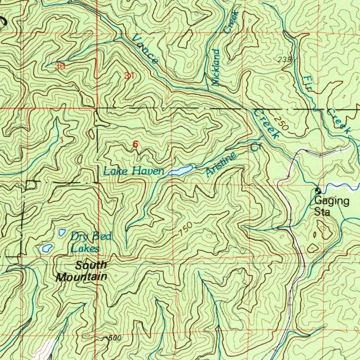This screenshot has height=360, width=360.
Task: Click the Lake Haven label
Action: pos(134,172)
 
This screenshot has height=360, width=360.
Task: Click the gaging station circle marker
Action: pos(318,191)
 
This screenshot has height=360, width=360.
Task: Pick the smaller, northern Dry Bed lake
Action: pos(62,232)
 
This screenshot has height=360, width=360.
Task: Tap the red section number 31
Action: pos(129,75)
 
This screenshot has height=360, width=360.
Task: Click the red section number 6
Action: pos(135,144)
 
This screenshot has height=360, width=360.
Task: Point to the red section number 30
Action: pos(60,66)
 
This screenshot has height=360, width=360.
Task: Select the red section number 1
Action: pos(62,140)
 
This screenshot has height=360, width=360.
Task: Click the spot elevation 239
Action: pos(284,60)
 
